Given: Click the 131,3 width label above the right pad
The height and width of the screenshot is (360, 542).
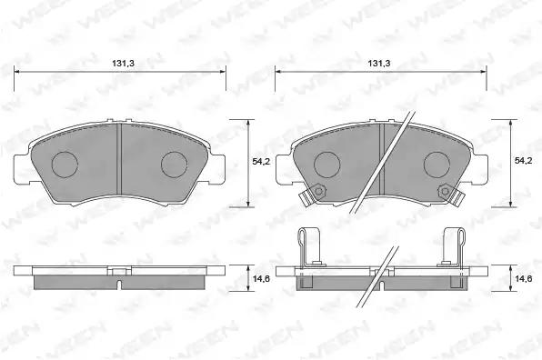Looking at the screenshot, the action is (x=379, y=64).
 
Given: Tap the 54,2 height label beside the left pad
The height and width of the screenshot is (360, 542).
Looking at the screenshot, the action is (x=261, y=161).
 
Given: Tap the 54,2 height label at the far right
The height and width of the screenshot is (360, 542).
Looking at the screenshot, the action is (x=523, y=161).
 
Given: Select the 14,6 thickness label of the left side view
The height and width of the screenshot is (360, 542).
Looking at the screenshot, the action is (x=261, y=279).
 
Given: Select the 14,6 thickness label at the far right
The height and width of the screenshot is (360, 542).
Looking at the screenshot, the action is (x=524, y=279).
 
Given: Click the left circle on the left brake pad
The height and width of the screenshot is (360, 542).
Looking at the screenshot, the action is (x=65, y=165).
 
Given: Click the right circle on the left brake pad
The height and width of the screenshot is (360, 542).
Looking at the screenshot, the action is (x=175, y=165).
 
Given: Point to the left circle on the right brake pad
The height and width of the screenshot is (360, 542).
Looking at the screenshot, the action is (x=327, y=165).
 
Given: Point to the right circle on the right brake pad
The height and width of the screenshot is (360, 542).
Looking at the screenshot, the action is (x=437, y=165).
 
